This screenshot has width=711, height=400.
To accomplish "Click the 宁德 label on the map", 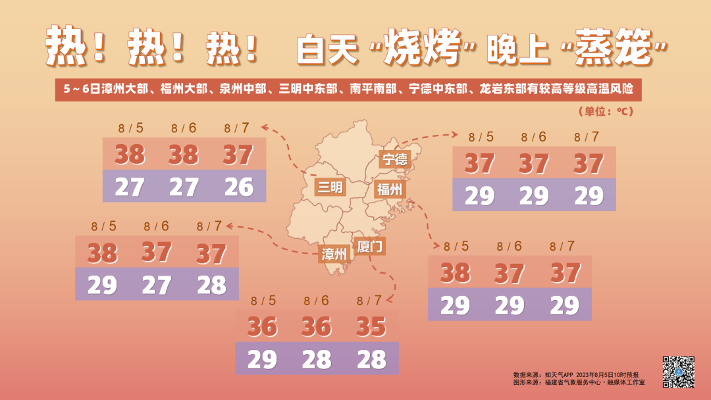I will tap(395, 159).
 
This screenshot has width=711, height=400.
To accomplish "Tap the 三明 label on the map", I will tap(330, 187).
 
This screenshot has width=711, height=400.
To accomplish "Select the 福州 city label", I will tap(389, 189).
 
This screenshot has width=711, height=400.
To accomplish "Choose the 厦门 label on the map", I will tap(370, 247).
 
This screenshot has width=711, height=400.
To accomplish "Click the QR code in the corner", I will tap(678, 372).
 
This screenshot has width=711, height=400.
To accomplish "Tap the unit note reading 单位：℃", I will tap(605, 112).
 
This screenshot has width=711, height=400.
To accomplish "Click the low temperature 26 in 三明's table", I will tap(238, 187).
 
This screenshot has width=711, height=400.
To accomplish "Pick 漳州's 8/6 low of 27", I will tap(156, 285).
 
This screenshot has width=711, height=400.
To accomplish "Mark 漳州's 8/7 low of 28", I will tap(211, 285).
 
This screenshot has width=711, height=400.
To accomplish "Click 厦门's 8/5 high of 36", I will tap(262, 326).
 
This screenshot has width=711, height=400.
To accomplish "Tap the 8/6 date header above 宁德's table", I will tap(534, 137).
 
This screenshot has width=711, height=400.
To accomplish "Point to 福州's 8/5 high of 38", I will tap(455, 272).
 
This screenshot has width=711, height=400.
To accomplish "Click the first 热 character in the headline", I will tap(63, 47).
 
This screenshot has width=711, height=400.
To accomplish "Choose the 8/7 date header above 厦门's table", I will tap(369, 301).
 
